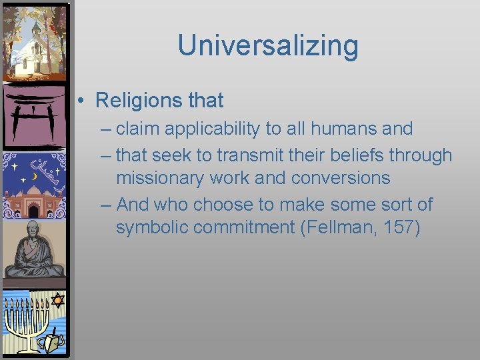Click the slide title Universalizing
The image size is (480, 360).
[x=267, y=45]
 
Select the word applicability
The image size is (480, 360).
[x=200, y=129]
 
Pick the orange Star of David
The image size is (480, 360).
[x=57, y=301]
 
